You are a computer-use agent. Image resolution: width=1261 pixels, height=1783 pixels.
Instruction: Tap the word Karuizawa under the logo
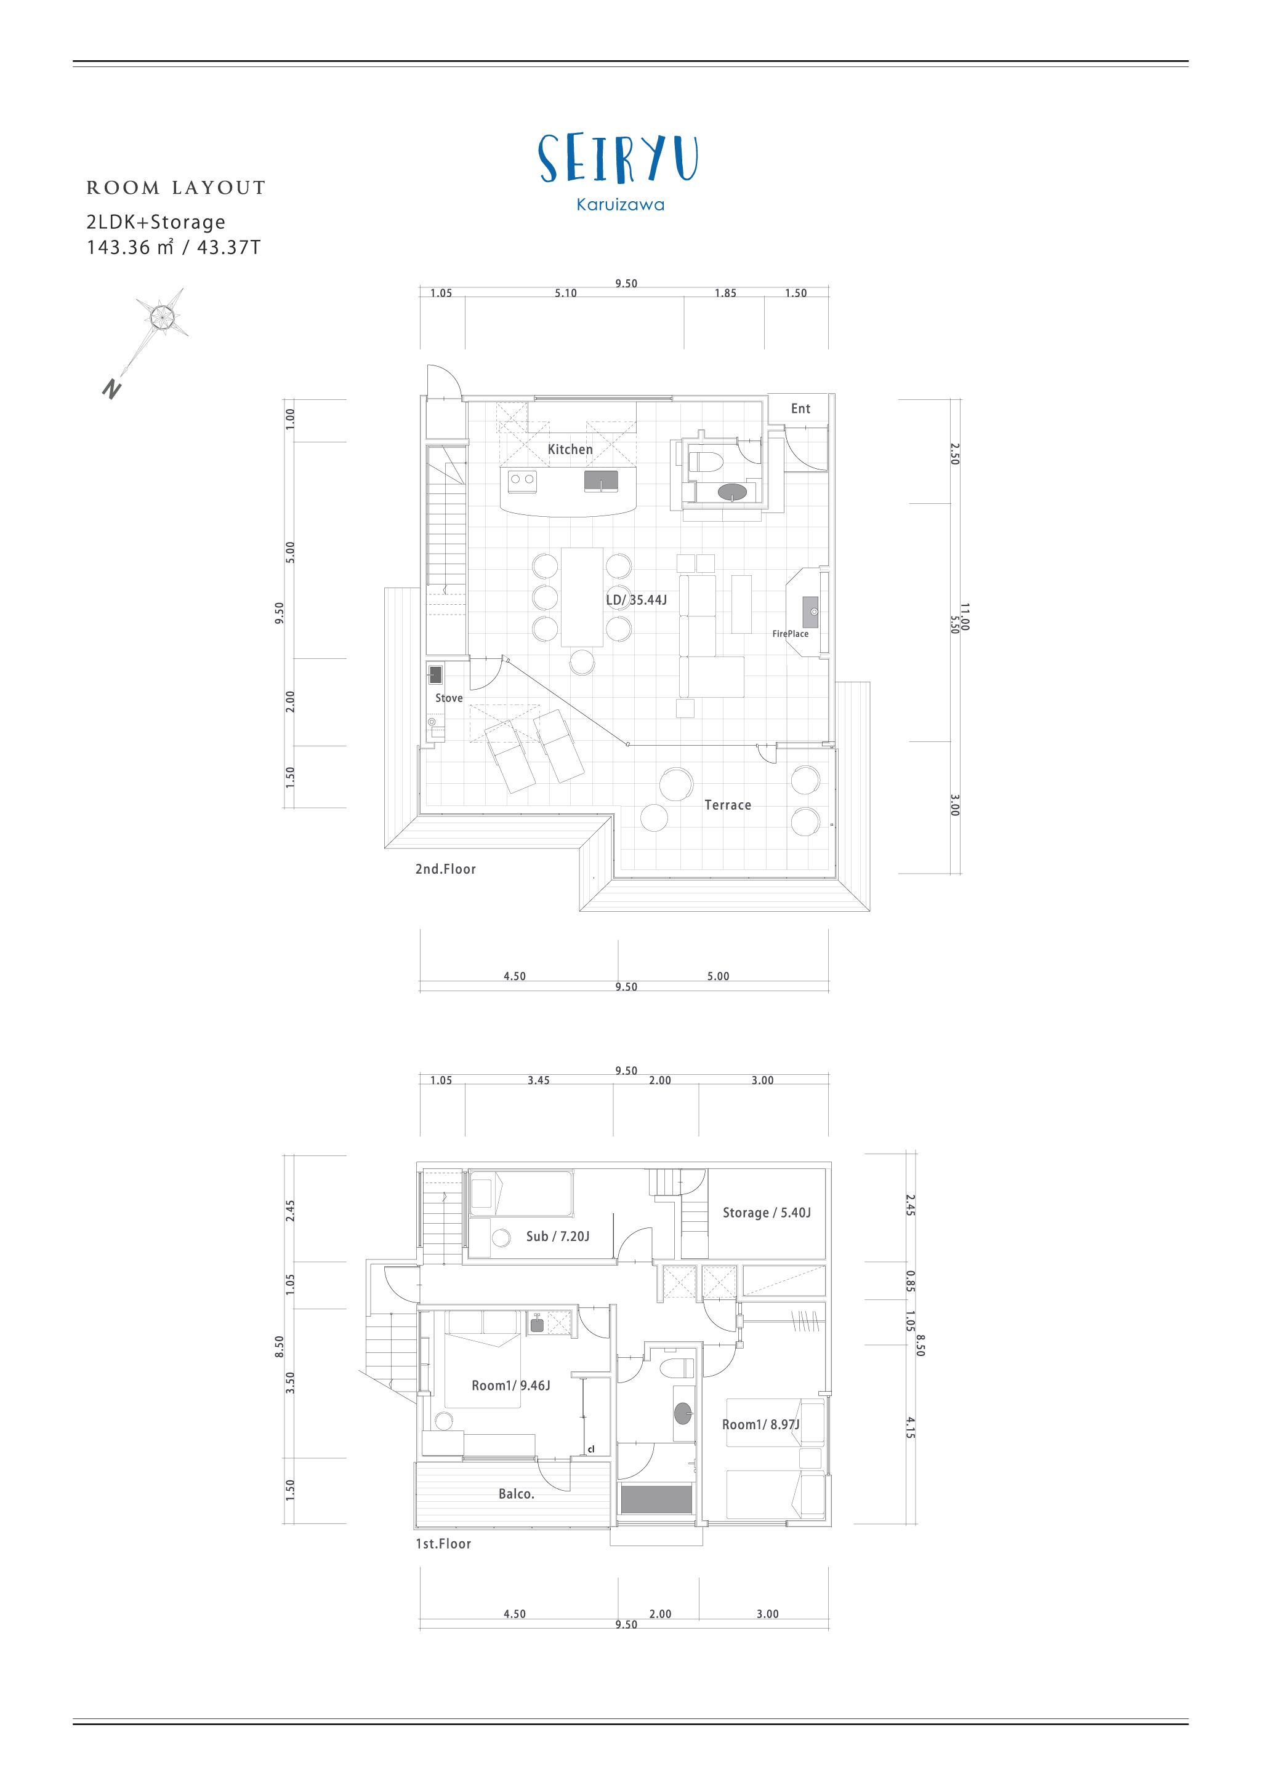pyautogui.click(x=620, y=205)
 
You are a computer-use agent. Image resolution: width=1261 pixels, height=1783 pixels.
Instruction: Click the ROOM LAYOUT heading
pyautogui.click(x=176, y=188)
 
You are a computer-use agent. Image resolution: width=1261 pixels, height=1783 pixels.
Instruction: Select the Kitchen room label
pyautogui.click(x=570, y=450)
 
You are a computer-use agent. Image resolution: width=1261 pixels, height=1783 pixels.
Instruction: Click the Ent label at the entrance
pyautogui.click(x=800, y=409)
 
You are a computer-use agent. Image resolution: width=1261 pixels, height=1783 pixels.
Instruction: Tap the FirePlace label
pyautogui.click(x=790, y=634)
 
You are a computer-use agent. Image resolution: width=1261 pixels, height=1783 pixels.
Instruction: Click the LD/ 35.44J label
pyautogui.click(x=636, y=600)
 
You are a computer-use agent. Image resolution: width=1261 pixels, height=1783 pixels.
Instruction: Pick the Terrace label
pyautogui.click(x=728, y=805)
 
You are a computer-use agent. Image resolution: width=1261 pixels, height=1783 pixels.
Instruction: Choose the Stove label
pyautogui.click(x=449, y=698)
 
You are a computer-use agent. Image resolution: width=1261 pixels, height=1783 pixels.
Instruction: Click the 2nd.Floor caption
pyautogui.click(x=445, y=869)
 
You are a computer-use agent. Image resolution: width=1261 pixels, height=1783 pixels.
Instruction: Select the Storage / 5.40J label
pyautogui.click(x=767, y=1213)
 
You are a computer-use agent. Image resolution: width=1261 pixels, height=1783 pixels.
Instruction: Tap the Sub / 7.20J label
pyautogui.click(x=558, y=1236)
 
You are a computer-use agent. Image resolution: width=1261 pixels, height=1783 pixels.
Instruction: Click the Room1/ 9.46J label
pyautogui.click(x=510, y=1386)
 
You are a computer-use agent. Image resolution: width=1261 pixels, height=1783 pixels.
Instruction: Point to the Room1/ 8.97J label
pyautogui.click(x=760, y=1424)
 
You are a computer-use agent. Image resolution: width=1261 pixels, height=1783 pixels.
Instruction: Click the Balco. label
pyautogui.click(x=517, y=1494)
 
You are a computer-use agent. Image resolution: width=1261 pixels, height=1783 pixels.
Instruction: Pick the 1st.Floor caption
pyautogui.click(x=443, y=1544)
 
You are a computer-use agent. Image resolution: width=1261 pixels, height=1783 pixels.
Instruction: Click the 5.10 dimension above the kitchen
pyautogui.click(x=566, y=293)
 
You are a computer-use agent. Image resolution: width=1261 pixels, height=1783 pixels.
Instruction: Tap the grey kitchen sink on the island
pyautogui.click(x=602, y=481)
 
